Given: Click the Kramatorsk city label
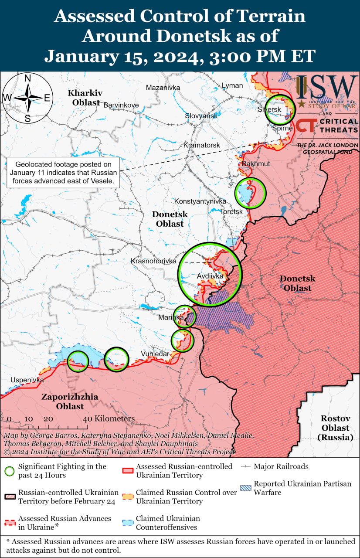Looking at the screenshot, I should tap(202, 145).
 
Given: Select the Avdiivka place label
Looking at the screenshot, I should tap(210, 276).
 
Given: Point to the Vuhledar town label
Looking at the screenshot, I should tap(155, 354).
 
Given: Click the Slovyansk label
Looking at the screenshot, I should tap(201, 116).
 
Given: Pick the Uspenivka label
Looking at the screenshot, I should tap(27, 380).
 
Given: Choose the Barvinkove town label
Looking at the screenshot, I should tap(121, 105).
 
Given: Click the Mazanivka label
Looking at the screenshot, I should tap(163, 87).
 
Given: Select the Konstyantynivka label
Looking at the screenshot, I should tap(200, 201).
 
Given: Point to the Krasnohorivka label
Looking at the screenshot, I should tap(153, 261).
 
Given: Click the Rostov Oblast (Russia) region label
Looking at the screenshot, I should tap(335, 428).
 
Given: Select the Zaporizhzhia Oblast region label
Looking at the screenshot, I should tap(70, 401).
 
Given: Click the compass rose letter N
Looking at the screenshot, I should tap(27, 78).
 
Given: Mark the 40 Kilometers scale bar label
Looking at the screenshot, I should tap(109, 418).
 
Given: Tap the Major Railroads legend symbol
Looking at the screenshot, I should tap(246, 466).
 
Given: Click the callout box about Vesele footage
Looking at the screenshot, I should tap(64, 173).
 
